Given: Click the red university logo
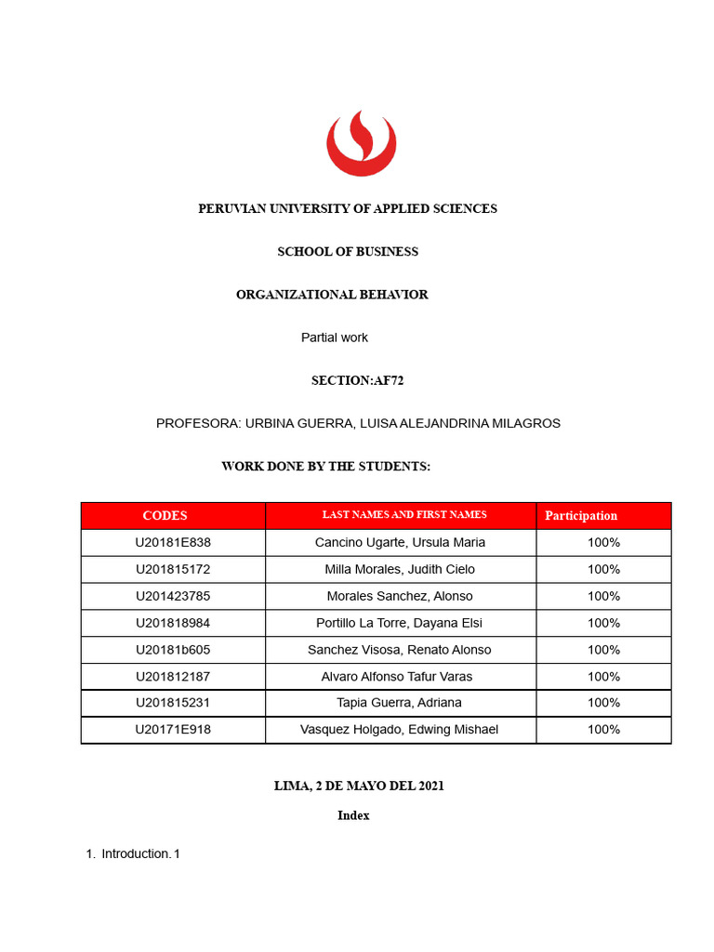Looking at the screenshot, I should click(x=361, y=144).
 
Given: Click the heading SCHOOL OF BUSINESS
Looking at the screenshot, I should click(x=348, y=252).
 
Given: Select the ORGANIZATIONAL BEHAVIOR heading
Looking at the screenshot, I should click(x=332, y=295).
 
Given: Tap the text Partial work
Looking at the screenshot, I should click(x=335, y=337).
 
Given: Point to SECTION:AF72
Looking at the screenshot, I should click(x=357, y=380).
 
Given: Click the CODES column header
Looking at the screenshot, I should click(x=165, y=516).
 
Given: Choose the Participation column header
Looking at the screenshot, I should click(x=581, y=516).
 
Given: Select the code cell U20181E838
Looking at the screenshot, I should click(x=173, y=543).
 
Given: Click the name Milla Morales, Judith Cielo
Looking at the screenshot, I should click(x=400, y=569).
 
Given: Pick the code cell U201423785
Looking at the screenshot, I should click(x=173, y=596).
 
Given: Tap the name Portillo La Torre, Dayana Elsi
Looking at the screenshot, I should click(x=400, y=623).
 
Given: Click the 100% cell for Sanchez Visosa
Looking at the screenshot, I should click(x=603, y=650).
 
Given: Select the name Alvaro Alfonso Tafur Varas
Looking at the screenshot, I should click(x=400, y=677).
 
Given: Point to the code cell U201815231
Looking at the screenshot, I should click(x=173, y=703).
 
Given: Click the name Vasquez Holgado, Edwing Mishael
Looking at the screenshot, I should click(x=400, y=730).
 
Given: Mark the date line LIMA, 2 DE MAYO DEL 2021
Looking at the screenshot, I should click(x=359, y=786).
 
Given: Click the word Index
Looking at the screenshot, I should click(x=353, y=815).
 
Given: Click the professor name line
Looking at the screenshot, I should click(x=358, y=423).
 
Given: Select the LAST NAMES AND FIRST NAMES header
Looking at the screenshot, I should click(x=404, y=515).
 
